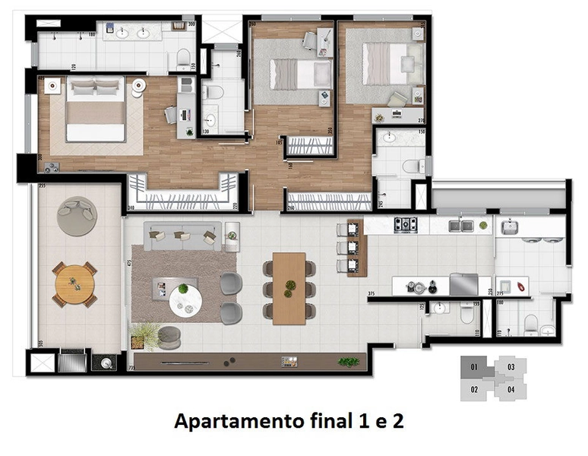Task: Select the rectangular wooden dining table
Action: pos(289,287)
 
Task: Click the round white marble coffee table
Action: pos(184,301)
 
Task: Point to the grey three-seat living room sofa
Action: pos(183,236)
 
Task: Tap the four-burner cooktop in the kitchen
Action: pos(405,225)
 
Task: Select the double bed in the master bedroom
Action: pos(96,111)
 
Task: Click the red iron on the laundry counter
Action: pos(522,287)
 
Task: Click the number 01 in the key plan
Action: pos(473,367)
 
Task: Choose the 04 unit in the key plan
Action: pos(511,390)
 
